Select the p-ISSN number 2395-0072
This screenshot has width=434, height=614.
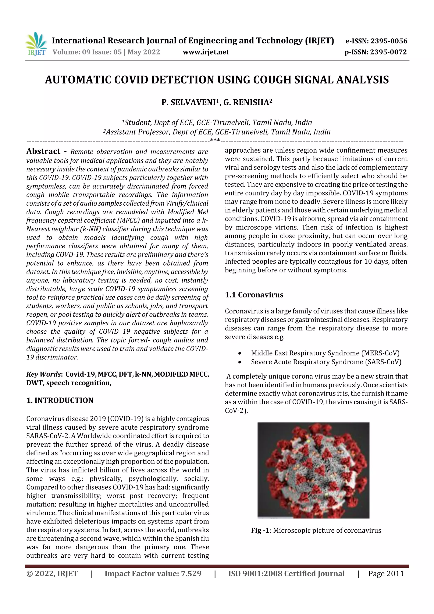[x=388, y=52]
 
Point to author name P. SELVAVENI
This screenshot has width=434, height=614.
[x=189, y=102]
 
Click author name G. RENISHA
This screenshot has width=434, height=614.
[x=246, y=102]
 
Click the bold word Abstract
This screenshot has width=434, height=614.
[x=43, y=151]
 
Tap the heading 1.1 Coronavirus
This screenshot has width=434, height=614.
[x=254, y=295]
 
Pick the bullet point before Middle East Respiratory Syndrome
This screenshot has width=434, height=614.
[x=240, y=354]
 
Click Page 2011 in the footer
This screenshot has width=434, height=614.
[x=386, y=574]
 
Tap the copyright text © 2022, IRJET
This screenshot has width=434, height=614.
[x=52, y=574]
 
